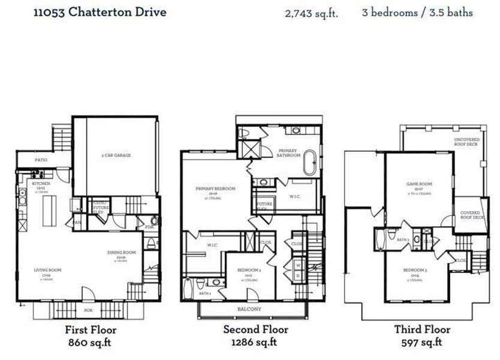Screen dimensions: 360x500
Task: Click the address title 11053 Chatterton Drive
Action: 100,12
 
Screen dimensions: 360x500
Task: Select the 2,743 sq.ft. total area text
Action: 311,13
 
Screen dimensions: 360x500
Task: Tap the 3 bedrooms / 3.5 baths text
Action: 417,13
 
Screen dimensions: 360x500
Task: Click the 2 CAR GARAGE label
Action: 116,155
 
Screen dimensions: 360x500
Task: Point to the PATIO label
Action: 41,160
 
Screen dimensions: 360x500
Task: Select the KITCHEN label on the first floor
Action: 41,183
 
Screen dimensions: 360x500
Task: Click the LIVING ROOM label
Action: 47,270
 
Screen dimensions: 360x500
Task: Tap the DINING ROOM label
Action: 122,253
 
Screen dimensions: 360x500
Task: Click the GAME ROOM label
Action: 419,184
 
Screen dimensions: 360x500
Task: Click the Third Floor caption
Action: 422,329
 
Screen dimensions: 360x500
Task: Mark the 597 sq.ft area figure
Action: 422,343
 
